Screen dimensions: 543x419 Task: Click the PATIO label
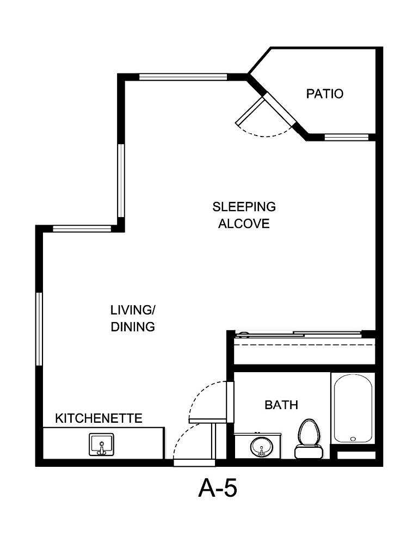325,94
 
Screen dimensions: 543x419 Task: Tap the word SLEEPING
244,207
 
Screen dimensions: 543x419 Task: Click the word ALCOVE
244,224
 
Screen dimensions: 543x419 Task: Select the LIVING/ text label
133,310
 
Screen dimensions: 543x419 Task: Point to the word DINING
133,327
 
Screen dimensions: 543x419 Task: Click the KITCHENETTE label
98,418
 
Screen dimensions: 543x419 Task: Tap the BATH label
281,405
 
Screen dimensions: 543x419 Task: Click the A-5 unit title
217,489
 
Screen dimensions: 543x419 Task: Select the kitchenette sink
101,445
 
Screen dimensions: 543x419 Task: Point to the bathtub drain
353,438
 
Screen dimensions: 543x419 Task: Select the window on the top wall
182,77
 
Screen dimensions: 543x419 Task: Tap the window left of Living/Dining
39,329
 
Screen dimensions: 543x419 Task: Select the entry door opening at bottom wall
195,463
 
